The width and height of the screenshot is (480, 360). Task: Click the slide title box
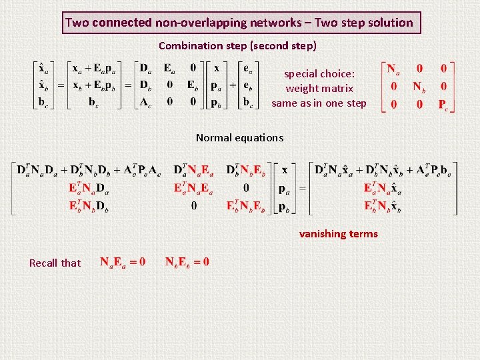click(x=239, y=23)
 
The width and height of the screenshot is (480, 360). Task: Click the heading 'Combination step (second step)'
click(x=237, y=46)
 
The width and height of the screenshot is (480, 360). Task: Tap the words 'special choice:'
click(x=319, y=74)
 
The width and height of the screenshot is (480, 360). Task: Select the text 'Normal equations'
click(x=239, y=138)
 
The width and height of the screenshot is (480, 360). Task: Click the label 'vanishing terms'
click(x=338, y=234)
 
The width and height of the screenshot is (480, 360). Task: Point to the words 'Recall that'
click(x=55, y=263)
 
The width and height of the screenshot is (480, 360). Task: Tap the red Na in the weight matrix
click(x=392, y=70)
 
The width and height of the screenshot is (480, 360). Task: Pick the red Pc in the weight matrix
click(x=443, y=104)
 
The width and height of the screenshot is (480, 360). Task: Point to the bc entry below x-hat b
click(x=42, y=102)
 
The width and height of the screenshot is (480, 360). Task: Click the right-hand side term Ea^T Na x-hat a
click(x=382, y=189)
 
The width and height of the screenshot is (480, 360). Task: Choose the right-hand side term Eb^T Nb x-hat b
click(x=382, y=207)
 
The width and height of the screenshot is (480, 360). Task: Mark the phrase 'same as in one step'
click(x=319, y=103)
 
